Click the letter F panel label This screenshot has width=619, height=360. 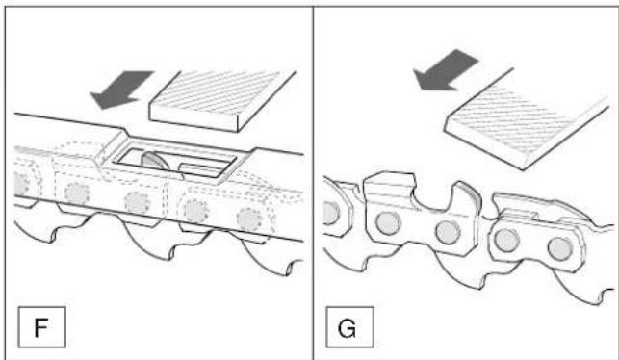[x=41, y=327]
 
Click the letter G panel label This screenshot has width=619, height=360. [x=347, y=327]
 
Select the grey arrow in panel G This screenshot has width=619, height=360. [x=445, y=70]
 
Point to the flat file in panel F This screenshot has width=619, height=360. [x=222, y=101]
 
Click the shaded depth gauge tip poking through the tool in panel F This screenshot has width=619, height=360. [x=155, y=161]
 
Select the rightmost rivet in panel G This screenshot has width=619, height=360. [x=559, y=248]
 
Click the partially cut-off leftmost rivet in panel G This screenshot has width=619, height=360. [x=331, y=213]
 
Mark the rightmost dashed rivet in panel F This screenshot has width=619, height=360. [x=249, y=219]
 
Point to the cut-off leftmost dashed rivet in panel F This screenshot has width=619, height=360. [x=20, y=185]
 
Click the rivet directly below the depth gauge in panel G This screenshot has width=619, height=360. [x=448, y=232]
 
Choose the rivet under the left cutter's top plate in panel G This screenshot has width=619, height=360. [x=388, y=223]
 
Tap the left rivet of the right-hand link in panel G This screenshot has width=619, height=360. [x=506, y=240]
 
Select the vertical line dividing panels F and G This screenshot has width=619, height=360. [x=314, y=183]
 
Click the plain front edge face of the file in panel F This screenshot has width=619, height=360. [x=193, y=118]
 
